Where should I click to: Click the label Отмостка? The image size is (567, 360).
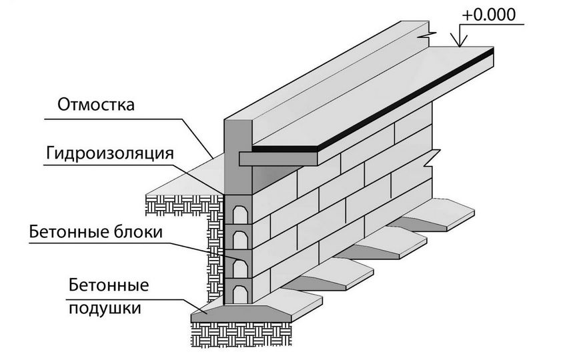pyautogui.click(x=96, y=105)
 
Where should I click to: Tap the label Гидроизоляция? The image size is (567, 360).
pyautogui.click(x=110, y=153)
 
